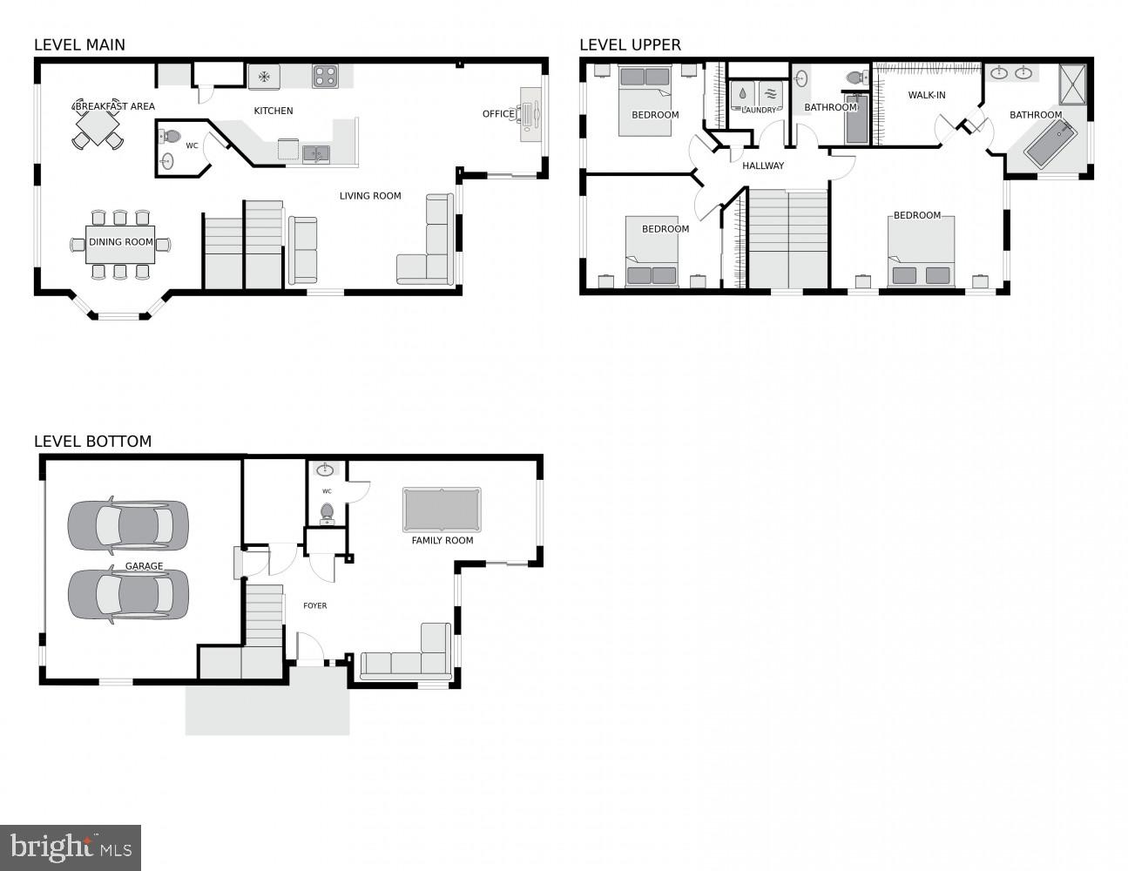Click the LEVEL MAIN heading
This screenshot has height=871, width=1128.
79,44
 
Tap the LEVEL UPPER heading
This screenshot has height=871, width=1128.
630,44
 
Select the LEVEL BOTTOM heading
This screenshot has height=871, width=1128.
92,442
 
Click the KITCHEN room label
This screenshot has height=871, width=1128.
273,111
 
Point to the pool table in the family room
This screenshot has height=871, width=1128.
442,510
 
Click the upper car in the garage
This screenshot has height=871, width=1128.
128,525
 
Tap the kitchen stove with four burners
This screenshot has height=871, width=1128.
325,77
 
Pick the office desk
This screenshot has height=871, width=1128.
530,113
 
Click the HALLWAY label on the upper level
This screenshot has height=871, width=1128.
763,165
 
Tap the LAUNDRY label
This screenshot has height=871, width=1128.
759,110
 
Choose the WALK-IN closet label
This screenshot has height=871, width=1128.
927,95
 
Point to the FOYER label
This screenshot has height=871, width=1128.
314,605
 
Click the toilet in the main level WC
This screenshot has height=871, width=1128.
171,137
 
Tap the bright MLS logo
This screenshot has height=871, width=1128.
71,847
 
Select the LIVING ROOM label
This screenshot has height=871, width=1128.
370,196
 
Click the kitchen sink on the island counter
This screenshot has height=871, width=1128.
315,154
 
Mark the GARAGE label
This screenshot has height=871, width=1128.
144,566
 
